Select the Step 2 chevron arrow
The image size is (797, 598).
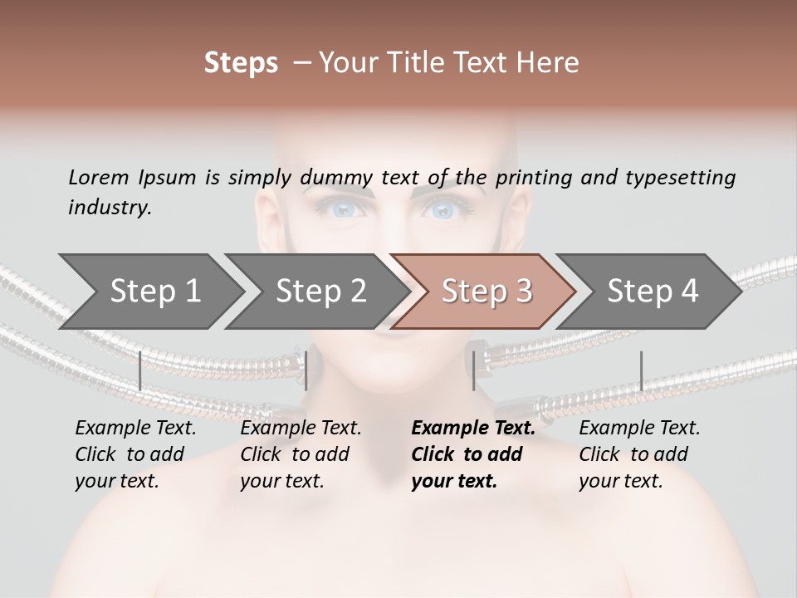(x=316, y=292)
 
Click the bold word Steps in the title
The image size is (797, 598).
(x=241, y=63)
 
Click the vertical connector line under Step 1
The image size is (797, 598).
(x=140, y=370)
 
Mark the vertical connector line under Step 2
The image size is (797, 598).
(x=306, y=370)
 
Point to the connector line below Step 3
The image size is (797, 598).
(x=473, y=370)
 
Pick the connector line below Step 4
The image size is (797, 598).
(x=641, y=370)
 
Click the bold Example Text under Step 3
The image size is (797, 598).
(x=473, y=429)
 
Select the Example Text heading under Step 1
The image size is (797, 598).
(x=135, y=429)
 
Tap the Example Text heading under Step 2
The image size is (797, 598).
(x=301, y=429)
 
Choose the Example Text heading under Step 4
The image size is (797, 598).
(x=639, y=429)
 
